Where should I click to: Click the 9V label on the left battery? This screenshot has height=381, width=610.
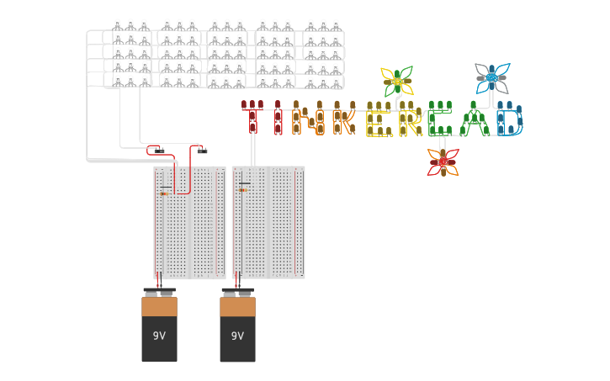coord(159,336)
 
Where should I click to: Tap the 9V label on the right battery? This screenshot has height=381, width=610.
coord(237,336)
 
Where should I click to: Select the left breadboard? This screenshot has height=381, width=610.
coord(189,222)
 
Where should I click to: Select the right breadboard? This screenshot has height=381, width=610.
coord(268,222)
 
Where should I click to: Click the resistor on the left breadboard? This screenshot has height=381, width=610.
coord(164,193)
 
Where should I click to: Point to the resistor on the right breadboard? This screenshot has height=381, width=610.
coord(243,189)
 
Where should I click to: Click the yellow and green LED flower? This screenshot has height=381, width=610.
coord(397,82)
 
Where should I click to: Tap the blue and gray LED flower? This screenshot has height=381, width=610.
coord(491,78)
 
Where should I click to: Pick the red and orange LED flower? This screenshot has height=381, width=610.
coord(443,162)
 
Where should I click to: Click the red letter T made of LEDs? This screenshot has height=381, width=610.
coord(252,119)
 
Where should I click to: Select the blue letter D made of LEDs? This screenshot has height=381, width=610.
coord(509,119)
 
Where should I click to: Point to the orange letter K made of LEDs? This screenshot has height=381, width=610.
coord(342,120)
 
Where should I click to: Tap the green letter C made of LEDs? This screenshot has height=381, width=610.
coord(439,119)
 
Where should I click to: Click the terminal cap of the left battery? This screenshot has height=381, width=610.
coord(159,292)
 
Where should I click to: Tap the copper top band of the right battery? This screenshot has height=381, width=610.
coord(237,306)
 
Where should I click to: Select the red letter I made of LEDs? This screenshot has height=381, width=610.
coord(278,119)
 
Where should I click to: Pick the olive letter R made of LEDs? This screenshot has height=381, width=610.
coord(410,120)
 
